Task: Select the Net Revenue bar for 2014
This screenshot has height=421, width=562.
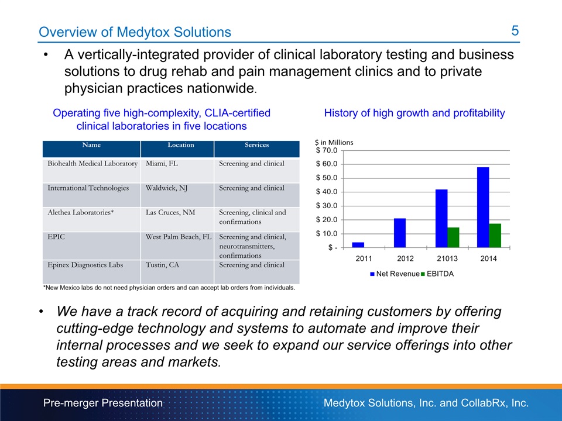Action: (483, 207)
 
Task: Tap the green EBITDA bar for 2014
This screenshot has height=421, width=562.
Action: (495, 235)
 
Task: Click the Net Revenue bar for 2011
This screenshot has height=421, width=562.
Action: (358, 244)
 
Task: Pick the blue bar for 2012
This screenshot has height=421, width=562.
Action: (400, 233)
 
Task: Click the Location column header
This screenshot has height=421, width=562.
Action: (180, 145)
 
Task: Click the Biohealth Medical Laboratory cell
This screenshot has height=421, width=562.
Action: (92, 164)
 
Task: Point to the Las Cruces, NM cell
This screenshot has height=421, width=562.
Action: (170, 212)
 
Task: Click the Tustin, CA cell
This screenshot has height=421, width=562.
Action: (159, 265)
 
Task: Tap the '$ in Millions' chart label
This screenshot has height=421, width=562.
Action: (334, 142)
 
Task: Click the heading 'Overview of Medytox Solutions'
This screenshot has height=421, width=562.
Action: (135, 32)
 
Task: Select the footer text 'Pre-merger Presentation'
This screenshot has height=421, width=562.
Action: (103, 403)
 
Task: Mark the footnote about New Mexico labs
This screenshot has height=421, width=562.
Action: (169, 288)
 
